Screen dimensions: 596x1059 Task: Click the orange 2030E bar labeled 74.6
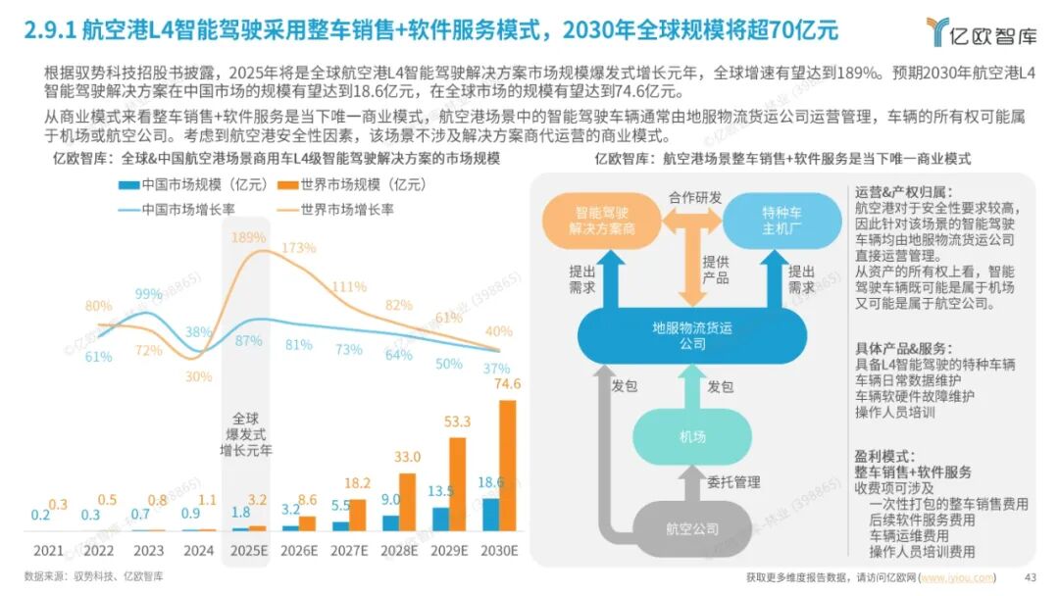point(507,465)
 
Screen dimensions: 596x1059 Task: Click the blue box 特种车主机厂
point(782,220)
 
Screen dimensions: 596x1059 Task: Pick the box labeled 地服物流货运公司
point(692,336)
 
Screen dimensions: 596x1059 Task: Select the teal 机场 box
point(692,436)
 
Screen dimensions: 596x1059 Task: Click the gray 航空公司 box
point(692,529)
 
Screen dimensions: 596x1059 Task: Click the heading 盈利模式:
point(884,456)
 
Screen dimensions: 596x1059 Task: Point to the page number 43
point(1031,576)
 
